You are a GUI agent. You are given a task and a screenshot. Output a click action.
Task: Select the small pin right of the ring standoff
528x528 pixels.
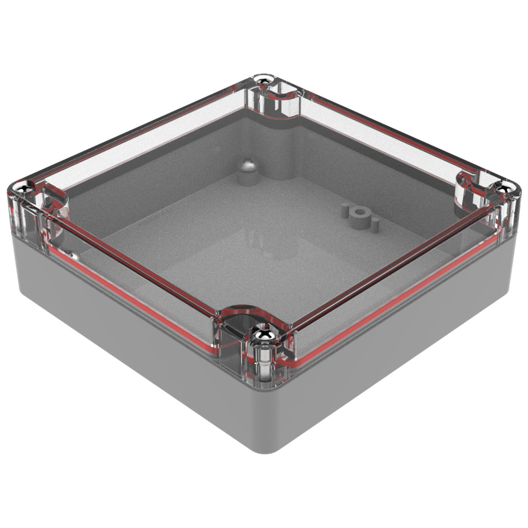point(377,225)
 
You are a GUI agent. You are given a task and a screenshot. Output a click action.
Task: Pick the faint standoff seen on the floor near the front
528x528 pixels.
point(260,246)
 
